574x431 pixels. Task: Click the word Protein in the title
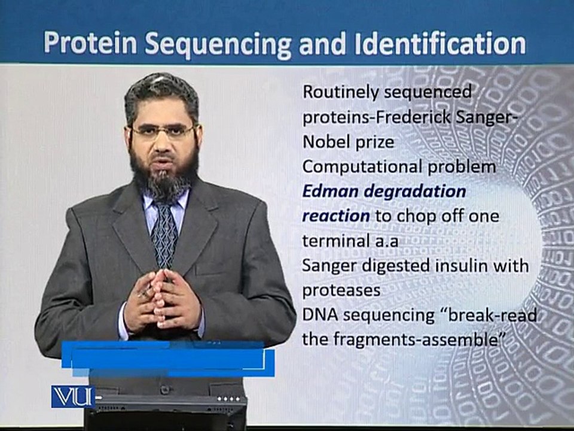pos(90,44)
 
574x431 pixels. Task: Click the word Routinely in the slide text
pos(340,93)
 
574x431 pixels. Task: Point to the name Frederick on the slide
pos(408,118)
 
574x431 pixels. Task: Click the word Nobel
pos(324,142)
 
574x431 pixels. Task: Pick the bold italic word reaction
pos(335,216)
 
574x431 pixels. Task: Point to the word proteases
pos(341,291)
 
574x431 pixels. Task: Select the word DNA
pos(320,315)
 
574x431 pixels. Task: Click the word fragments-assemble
pos(417,339)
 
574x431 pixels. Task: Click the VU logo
pos(73,396)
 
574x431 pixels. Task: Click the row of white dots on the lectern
pos(229,399)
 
